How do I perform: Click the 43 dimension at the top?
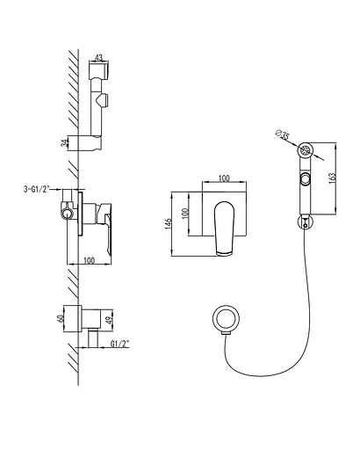(x=98, y=57)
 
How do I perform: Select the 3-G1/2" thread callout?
(x=36, y=189)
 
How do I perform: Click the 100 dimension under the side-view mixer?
(x=89, y=260)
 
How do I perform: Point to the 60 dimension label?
(x=61, y=318)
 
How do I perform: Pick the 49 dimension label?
(x=110, y=321)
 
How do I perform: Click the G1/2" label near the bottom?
(x=119, y=344)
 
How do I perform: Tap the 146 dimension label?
(x=168, y=223)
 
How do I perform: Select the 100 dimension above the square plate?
(x=224, y=178)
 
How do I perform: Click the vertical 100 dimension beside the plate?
(x=184, y=214)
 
